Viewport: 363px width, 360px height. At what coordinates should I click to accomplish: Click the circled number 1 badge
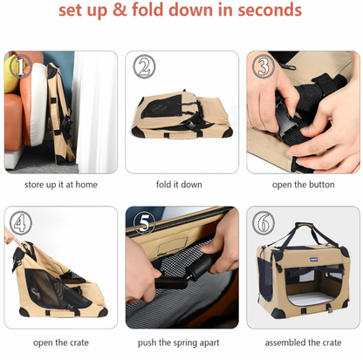21,66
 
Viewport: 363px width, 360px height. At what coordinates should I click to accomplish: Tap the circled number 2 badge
144,66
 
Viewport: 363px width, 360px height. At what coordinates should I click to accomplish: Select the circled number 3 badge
264,66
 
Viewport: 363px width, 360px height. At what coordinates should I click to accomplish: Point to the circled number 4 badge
21,223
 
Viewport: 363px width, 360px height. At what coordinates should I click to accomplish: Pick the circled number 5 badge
144,223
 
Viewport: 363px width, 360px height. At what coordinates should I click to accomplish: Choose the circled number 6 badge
264,223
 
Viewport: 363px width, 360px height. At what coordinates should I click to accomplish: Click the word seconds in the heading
270,10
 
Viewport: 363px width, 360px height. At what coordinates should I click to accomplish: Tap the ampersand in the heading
120,10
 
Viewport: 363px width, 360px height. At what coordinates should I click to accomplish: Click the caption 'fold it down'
179,185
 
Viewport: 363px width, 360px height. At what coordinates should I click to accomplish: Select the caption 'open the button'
303,185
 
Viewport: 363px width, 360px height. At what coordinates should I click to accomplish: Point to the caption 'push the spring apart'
179,343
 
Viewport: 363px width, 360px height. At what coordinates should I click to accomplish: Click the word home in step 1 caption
86,185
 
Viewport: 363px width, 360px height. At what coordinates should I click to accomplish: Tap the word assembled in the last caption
285,343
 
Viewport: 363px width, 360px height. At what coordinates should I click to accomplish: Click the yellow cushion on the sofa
11,74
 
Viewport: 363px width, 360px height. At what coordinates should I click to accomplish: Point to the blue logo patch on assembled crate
313,259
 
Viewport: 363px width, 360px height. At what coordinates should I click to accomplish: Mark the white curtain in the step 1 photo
94,112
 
